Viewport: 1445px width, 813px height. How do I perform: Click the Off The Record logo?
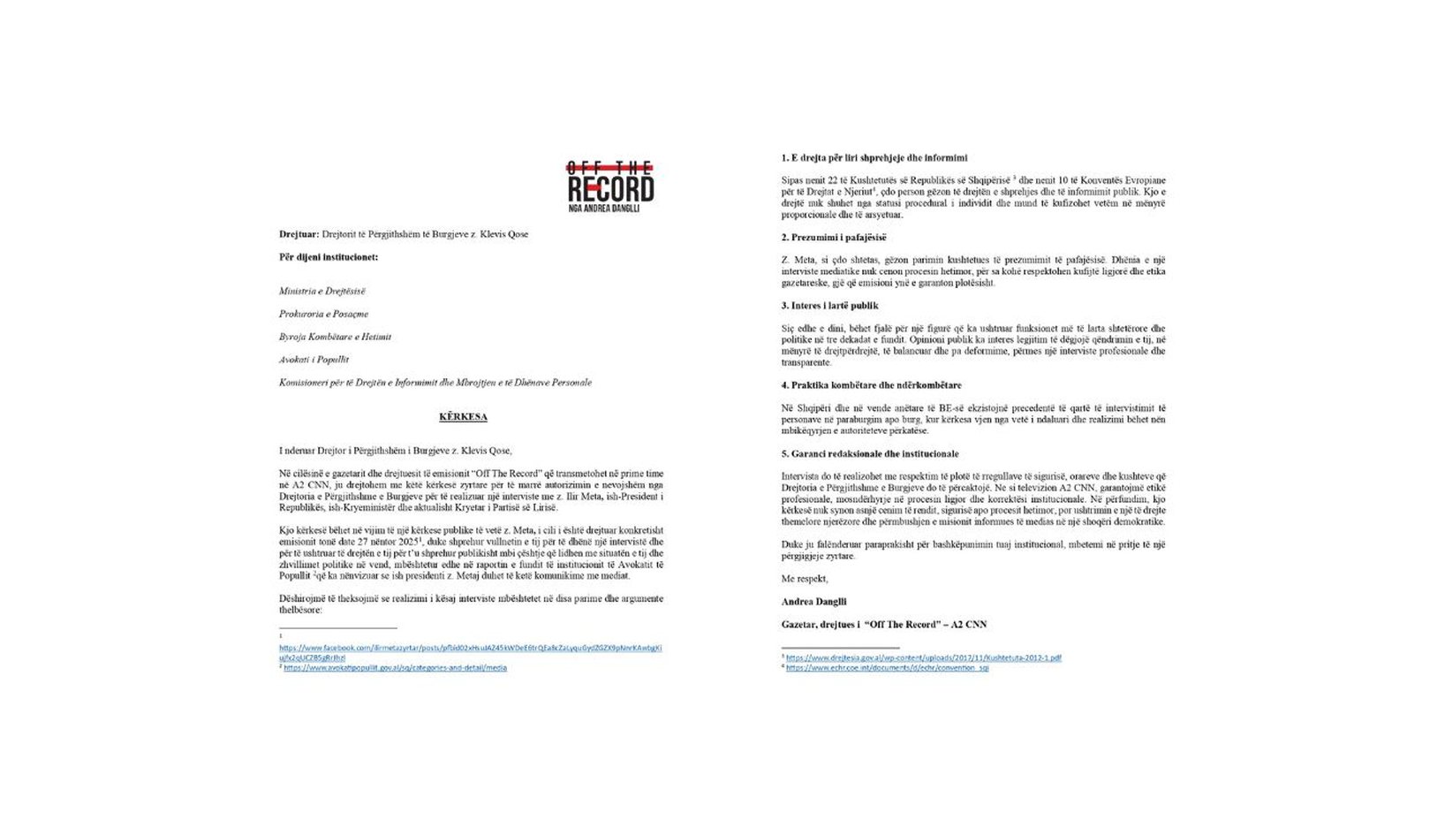click(609, 186)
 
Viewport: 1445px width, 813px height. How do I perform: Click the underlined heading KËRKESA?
click(463, 416)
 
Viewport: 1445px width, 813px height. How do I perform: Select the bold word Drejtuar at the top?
click(299, 234)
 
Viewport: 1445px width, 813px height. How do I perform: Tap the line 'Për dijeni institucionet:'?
click(329, 257)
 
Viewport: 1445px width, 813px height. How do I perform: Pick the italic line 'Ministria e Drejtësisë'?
click(322, 291)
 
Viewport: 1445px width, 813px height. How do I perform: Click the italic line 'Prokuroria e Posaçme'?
click(323, 314)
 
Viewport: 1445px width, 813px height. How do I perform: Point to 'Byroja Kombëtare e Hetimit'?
click(335, 337)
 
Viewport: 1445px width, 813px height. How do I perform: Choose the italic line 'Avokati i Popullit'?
click(314, 360)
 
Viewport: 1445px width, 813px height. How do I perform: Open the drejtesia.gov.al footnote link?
click(923, 658)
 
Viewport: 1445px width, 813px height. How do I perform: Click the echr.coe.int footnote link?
click(887, 668)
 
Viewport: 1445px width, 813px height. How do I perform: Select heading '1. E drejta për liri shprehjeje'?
click(874, 157)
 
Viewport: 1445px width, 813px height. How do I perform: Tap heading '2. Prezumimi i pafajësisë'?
click(833, 237)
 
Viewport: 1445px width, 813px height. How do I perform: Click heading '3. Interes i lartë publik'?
click(829, 306)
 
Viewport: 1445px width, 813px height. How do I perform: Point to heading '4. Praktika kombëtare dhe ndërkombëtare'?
click(871, 385)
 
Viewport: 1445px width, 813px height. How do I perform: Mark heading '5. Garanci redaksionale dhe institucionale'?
click(869, 454)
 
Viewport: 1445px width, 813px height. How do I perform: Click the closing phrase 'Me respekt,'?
click(805, 579)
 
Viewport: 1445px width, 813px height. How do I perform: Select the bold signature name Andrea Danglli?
click(813, 602)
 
